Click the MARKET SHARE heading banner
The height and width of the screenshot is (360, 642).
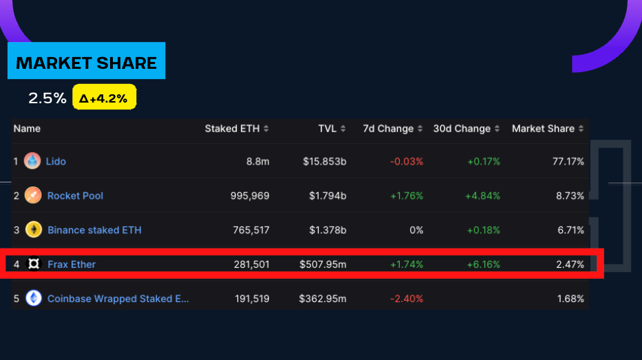[x=86, y=63]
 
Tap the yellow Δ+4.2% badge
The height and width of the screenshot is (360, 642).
[x=104, y=98]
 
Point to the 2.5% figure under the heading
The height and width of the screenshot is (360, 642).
[x=47, y=98]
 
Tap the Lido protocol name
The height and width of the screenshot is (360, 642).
[x=56, y=161]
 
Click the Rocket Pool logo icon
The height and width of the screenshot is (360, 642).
[x=33, y=195]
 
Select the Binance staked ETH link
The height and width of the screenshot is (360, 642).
[x=94, y=230]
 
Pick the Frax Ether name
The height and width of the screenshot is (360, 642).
[x=72, y=264]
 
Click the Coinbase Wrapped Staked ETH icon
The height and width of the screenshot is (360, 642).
[x=33, y=299]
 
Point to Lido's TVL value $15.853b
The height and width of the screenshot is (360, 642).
[x=325, y=161]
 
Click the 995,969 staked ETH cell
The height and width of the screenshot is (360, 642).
[x=250, y=195]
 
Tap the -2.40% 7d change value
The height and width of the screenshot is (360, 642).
[x=407, y=299]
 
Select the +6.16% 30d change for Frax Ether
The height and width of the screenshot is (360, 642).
[x=484, y=264]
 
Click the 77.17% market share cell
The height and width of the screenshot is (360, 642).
[x=568, y=161]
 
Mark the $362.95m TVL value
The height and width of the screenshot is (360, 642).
[x=323, y=299]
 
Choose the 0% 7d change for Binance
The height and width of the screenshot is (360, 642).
[x=416, y=230]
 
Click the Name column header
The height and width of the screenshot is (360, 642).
[x=27, y=129]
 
